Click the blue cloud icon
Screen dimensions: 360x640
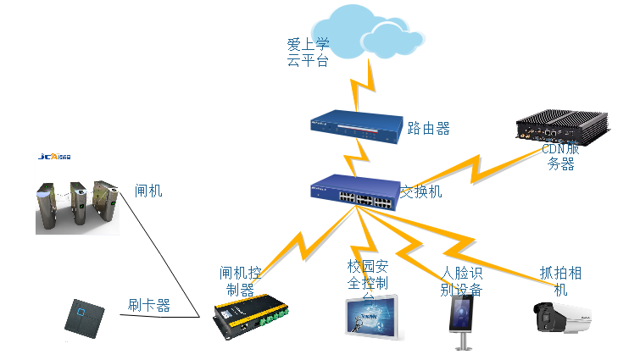pyautogui.click(x=373, y=30)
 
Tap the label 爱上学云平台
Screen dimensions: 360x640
pyautogui.click(x=308, y=52)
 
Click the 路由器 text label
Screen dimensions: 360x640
pyautogui.click(x=428, y=129)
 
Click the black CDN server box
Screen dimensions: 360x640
pyautogui.click(x=564, y=128)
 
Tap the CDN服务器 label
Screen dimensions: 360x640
pyautogui.click(x=561, y=157)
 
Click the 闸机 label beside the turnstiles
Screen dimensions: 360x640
pyautogui.click(x=148, y=191)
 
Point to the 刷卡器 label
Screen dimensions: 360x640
pyautogui.click(x=149, y=305)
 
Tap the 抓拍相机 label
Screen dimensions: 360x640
pyautogui.click(x=560, y=281)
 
